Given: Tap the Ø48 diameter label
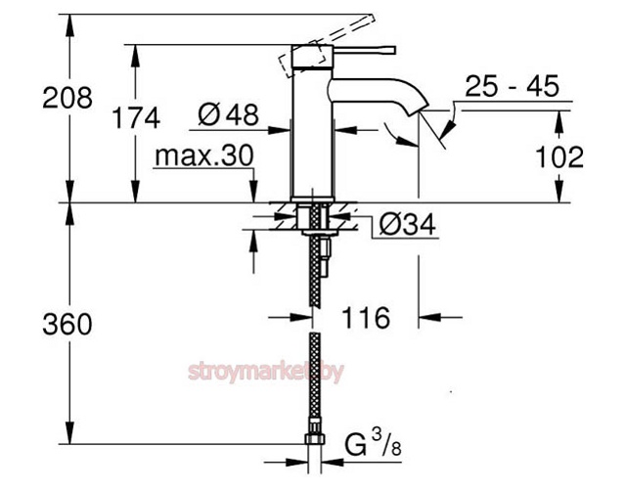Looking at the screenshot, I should point(228,115).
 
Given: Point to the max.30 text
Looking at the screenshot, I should point(203,156).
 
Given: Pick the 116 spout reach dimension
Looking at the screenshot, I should point(366,317).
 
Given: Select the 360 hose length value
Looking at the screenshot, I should point(69,324).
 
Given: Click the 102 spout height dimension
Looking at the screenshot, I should point(560,156).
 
